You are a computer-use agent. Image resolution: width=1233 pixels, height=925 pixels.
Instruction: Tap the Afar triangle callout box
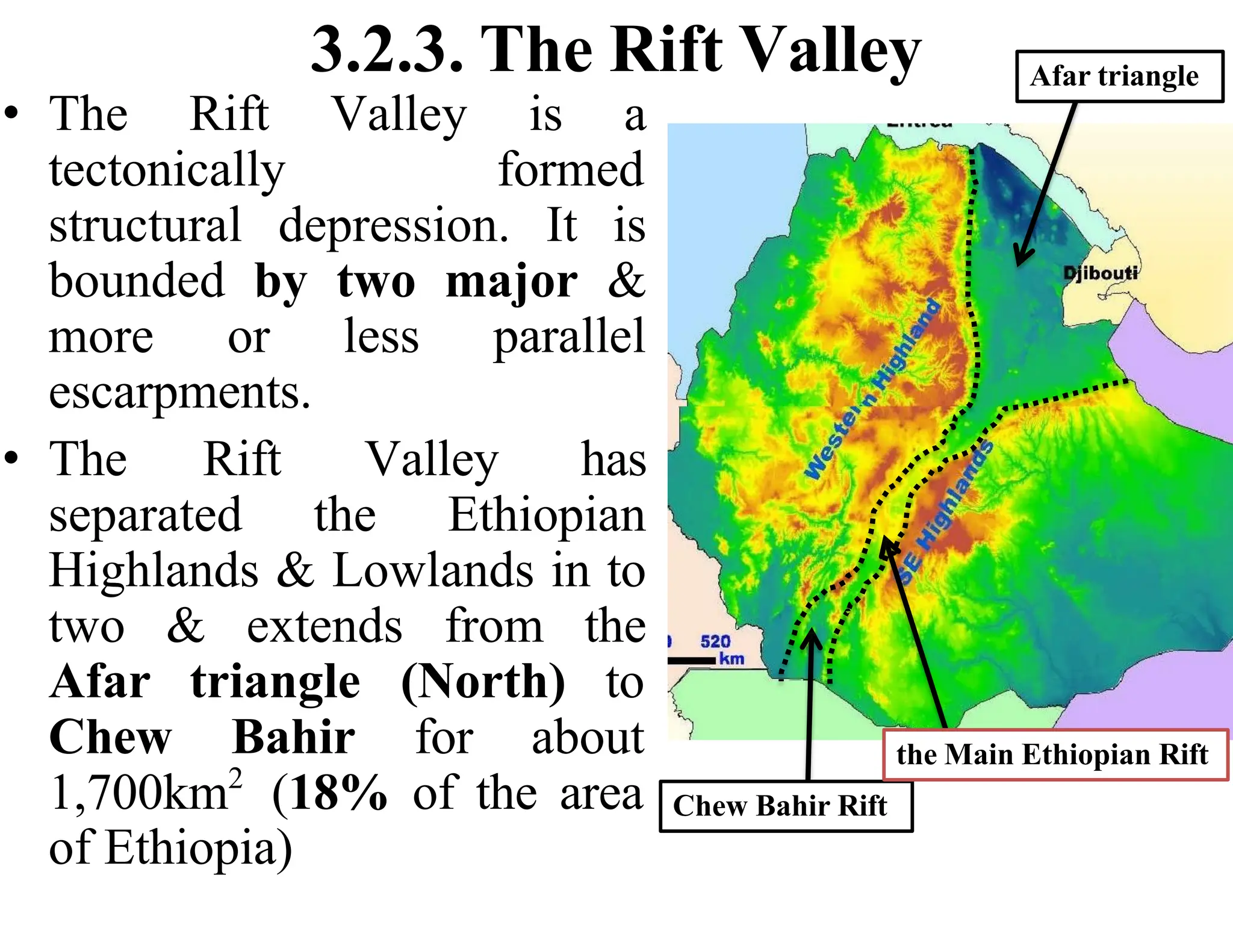pos(1119,76)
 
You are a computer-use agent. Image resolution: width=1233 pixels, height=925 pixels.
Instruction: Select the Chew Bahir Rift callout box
pos(785,806)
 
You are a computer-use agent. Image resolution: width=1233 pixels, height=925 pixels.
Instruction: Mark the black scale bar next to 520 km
pos(692,661)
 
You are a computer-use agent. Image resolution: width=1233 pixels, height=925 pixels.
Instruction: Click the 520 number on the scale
pos(715,642)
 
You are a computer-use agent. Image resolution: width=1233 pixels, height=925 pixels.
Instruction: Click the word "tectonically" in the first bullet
pos(167,170)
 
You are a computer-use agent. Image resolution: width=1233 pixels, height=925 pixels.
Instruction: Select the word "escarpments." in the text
pos(179,393)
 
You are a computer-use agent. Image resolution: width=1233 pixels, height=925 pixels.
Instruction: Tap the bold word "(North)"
pos(483,682)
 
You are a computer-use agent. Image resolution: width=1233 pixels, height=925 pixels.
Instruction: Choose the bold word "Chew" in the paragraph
pos(111,737)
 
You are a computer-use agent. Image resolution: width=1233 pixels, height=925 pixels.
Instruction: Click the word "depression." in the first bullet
pos(394,226)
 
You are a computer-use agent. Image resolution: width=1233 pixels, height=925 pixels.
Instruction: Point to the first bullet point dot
pos(13,113)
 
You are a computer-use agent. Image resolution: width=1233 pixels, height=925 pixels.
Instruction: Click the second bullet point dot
pos(13,458)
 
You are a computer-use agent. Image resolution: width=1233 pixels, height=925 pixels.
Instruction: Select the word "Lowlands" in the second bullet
pos(433,570)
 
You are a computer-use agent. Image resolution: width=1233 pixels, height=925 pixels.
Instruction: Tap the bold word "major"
pos(511,281)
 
